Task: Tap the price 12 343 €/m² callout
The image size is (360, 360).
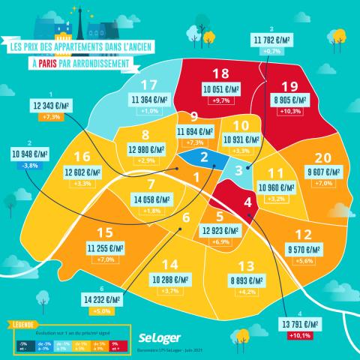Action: tap(52, 106)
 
